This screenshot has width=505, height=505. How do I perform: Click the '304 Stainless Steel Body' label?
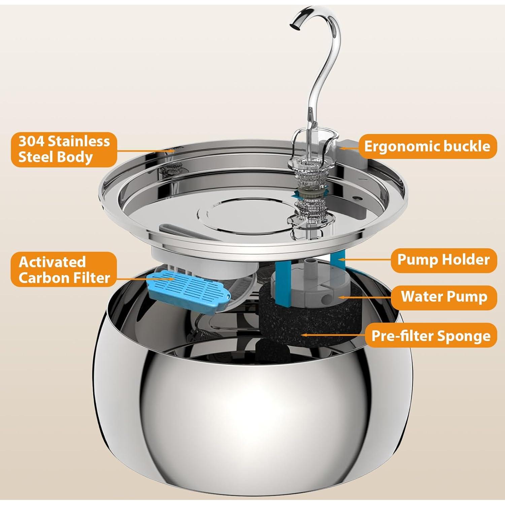point(64,149)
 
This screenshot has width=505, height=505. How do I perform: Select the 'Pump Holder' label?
point(444,260)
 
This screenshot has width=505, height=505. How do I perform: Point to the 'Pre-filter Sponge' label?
point(431,335)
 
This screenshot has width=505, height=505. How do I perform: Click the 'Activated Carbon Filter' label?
point(64,270)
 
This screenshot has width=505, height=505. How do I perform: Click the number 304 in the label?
point(31,141)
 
